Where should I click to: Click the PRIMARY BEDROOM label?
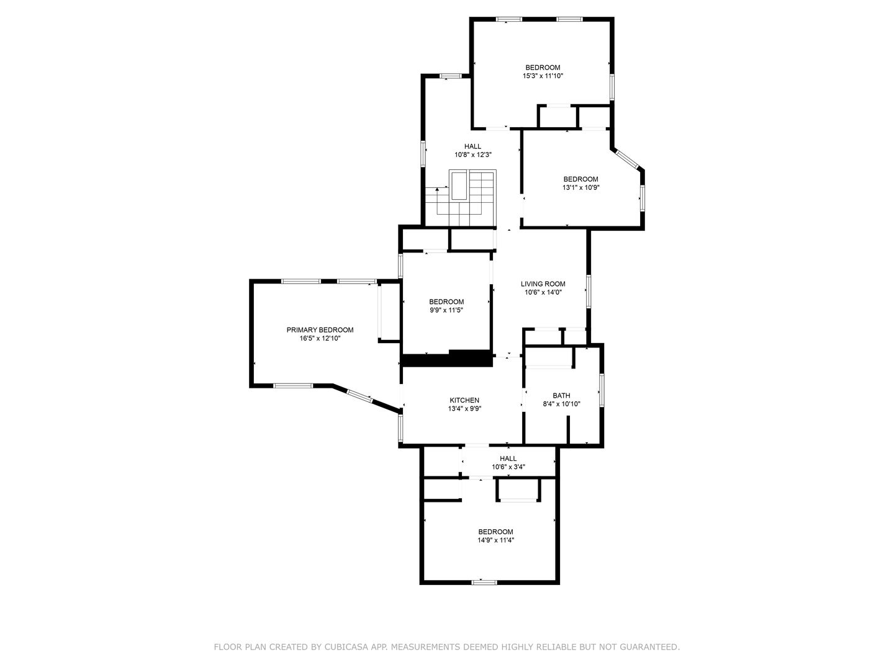click(x=320, y=330)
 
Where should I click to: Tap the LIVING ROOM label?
click(x=543, y=284)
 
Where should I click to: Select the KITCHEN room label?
click(x=464, y=400)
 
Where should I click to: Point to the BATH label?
click(x=561, y=395)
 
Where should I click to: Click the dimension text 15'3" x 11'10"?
click(x=543, y=76)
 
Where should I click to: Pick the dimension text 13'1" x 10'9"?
click(x=581, y=187)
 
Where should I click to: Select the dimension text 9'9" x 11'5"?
click(x=446, y=310)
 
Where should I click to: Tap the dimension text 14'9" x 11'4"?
click(x=495, y=540)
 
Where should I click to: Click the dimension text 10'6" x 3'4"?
click(x=508, y=467)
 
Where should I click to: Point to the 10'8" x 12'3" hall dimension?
click(x=473, y=154)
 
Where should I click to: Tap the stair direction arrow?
click(x=438, y=201)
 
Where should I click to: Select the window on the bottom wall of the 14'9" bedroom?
click(x=484, y=583)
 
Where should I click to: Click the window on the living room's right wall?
click(x=588, y=291)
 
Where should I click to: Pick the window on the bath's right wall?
click(x=601, y=390)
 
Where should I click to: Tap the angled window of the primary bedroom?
click(x=359, y=396)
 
